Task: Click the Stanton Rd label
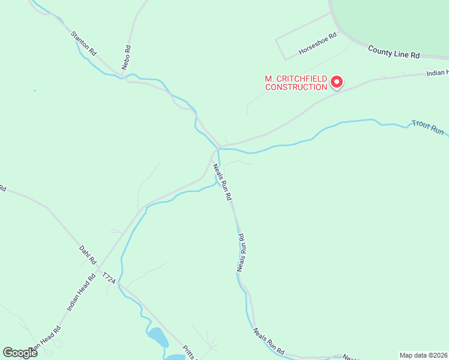click(x=83, y=43)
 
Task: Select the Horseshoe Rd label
click(x=318, y=44)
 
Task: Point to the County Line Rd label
click(x=394, y=51)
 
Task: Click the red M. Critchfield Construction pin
click(x=337, y=81)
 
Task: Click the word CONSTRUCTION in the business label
click(x=297, y=87)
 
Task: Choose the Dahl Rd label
click(x=88, y=254)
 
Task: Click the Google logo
click(x=20, y=352)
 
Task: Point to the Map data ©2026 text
click(x=423, y=355)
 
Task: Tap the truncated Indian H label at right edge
click(x=437, y=73)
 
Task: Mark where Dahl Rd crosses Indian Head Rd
click(x=99, y=266)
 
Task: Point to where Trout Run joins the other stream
click(x=218, y=148)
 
